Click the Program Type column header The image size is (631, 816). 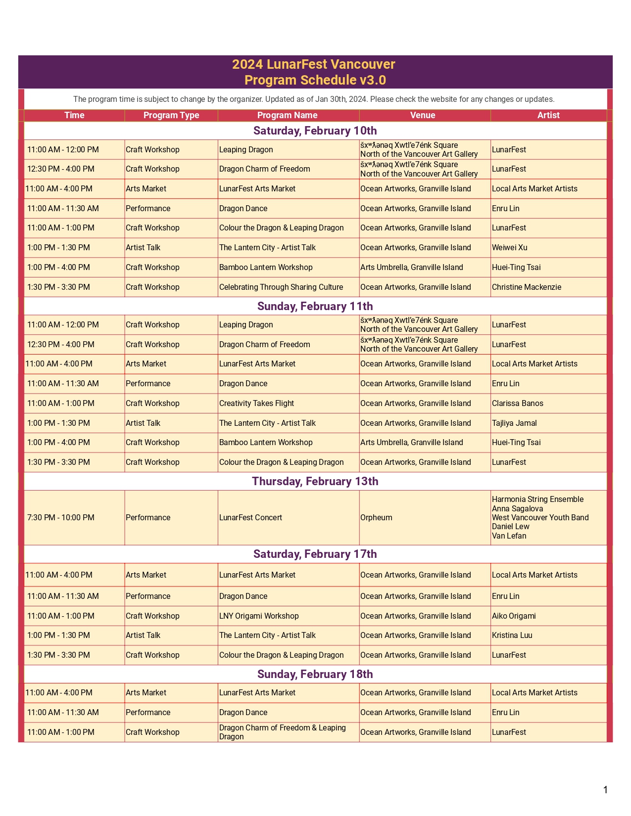coord(171,115)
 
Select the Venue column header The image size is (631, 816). coord(423,115)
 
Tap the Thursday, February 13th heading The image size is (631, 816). coord(315,481)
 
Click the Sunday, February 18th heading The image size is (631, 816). coord(315,674)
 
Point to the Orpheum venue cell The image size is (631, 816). coord(376,518)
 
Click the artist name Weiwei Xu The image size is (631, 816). coord(509,248)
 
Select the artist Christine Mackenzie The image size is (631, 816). coord(526,287)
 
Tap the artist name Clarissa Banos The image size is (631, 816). coord(517,404)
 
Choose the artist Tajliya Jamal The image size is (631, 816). coord(514,423)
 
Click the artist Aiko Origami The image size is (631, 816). coord(514,616)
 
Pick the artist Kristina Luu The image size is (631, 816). coord(512,635)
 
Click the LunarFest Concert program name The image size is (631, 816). coord(250,518)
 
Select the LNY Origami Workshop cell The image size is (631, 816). coord(259,616)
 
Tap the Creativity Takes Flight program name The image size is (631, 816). coord(256,404)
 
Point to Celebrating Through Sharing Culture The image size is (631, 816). coord(281,287)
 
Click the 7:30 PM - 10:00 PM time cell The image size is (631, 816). coord(61,518)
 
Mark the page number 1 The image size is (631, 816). coord(605,790)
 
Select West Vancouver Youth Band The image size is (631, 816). coord(540,518)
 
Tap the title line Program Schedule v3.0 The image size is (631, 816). coord(315,80)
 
